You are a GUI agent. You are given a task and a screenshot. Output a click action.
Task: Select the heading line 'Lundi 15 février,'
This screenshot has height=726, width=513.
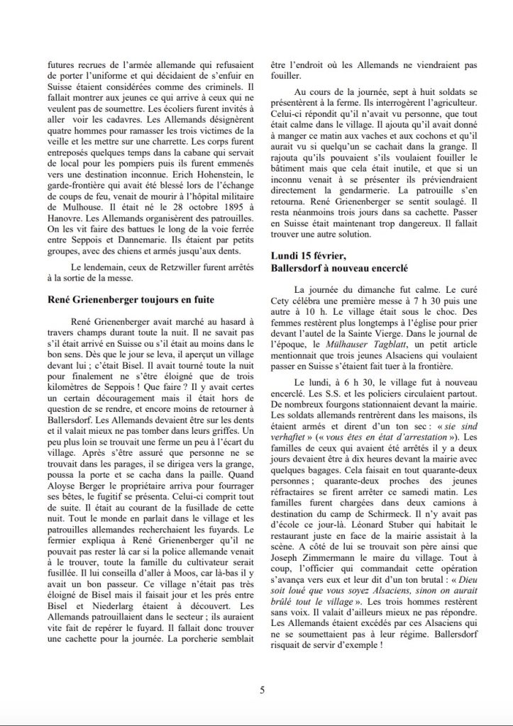(309, 255)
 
